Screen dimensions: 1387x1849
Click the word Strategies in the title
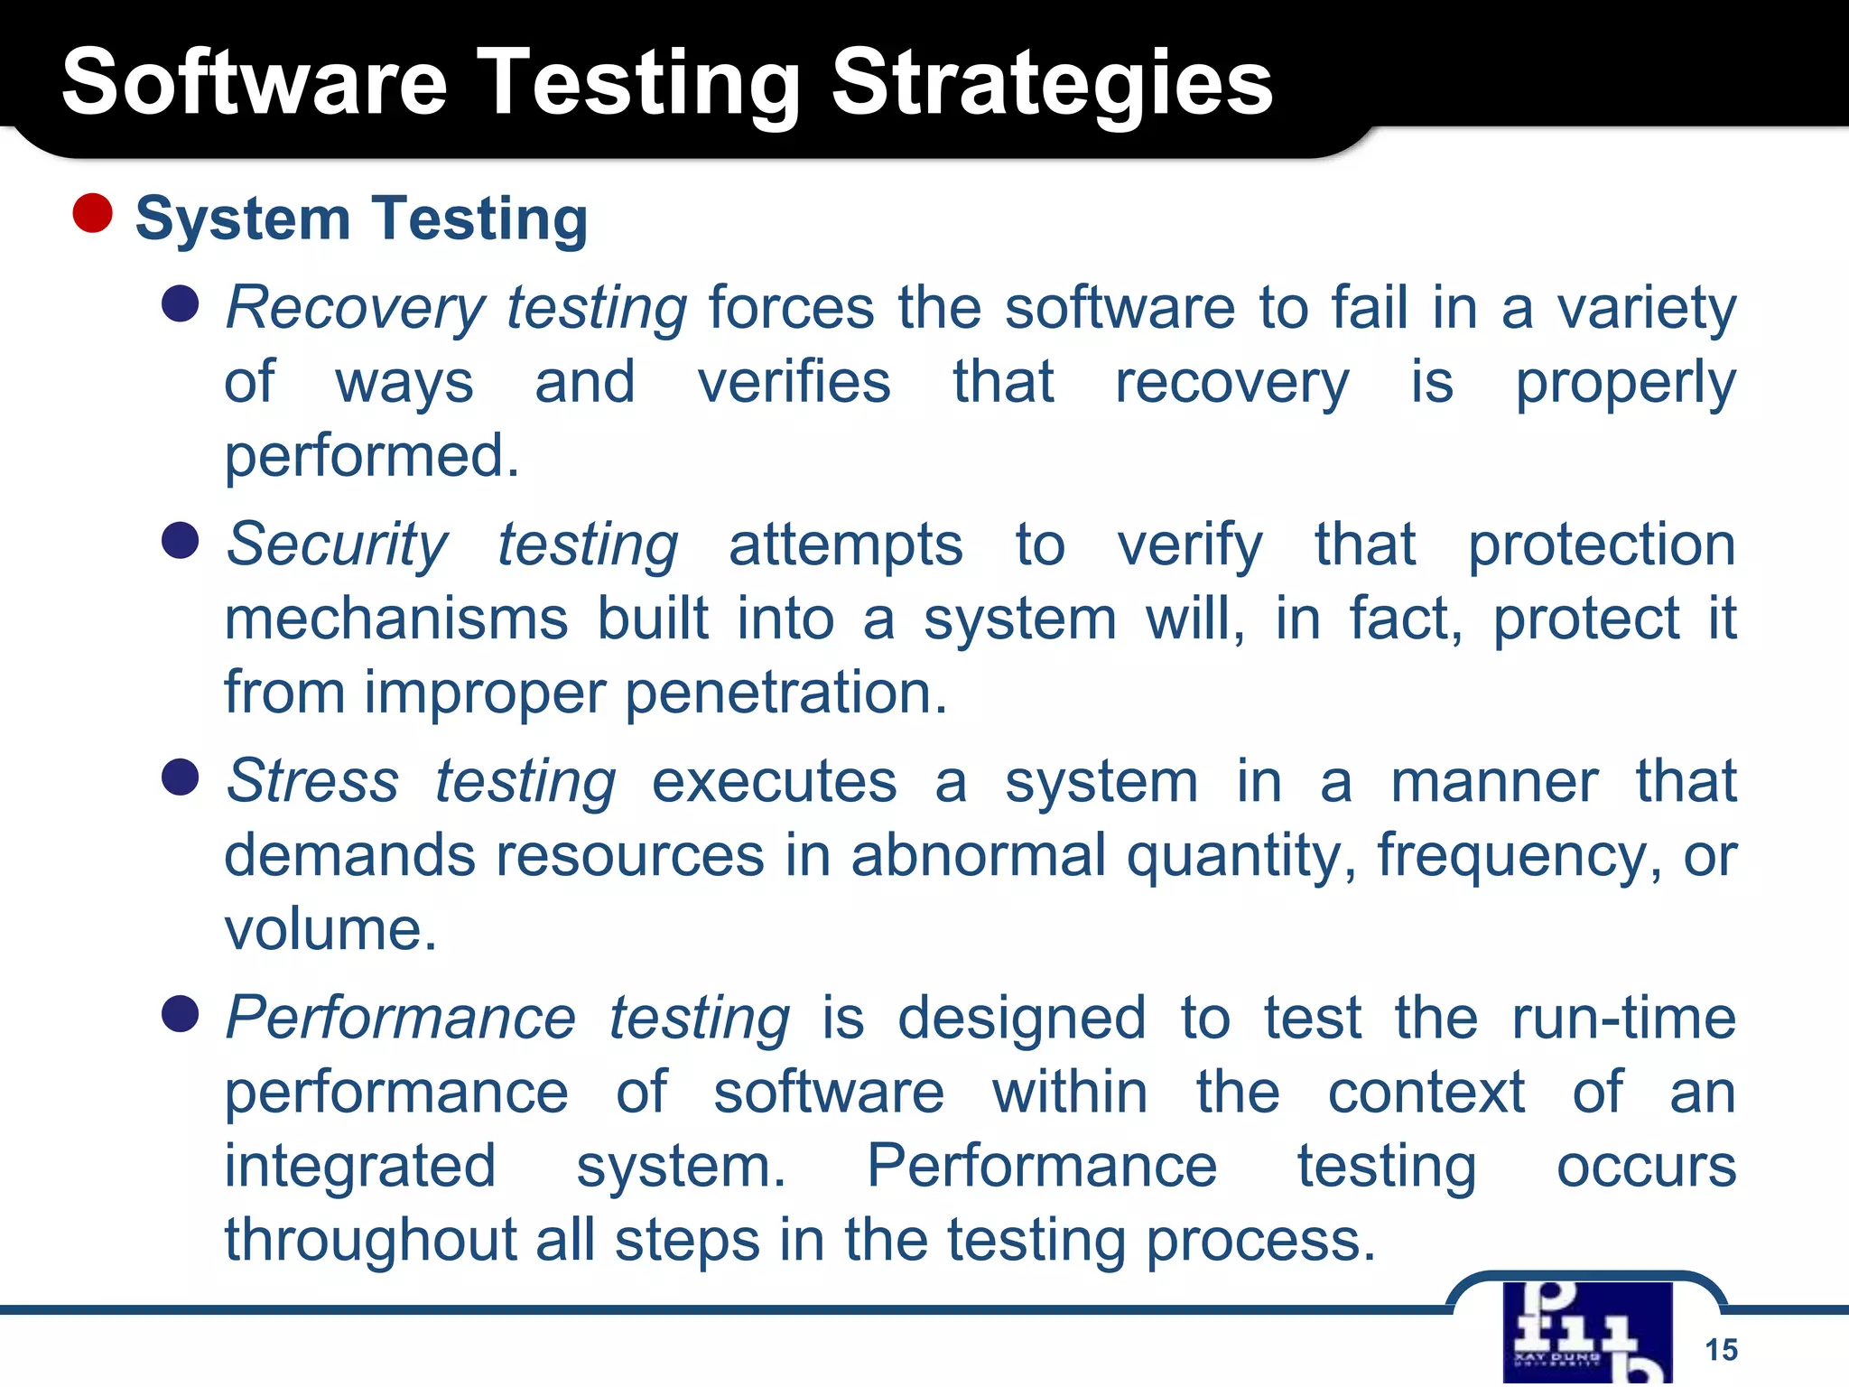click(1051, 83)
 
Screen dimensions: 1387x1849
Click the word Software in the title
click(254, 83)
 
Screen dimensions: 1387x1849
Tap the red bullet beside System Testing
click(92, 213)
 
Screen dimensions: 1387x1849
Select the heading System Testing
click(361, 219)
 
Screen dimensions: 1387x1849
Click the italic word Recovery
click(355, 309)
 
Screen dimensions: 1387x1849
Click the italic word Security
click(337, 545)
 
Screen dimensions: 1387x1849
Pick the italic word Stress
click(312, 781)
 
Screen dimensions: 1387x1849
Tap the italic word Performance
click(400, 1019)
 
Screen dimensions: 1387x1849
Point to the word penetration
click(785, 693)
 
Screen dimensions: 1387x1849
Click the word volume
click(330, 930)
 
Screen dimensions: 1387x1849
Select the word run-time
click(1623, 1019)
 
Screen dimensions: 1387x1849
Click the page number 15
click(1721, 1350)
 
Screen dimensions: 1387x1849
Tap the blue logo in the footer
click(1587, 1333)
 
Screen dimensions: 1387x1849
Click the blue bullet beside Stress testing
click(181, 777)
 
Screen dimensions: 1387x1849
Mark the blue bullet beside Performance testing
click(181, 1014)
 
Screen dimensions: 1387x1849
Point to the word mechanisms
click(395, 619)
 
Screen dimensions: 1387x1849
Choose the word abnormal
click(978, 856)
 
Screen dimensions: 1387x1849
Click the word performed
click(371, 457)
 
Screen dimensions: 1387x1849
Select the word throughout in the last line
click(370, 1241)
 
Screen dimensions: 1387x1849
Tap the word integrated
click(359, 1167)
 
